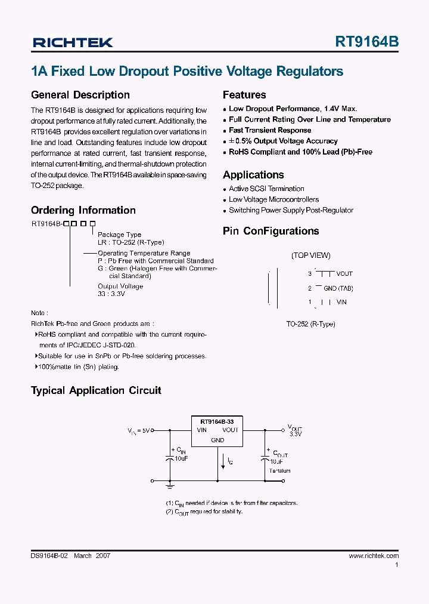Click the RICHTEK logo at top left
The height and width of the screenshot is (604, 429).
click(x=72, y=42)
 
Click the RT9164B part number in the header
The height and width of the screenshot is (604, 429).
click(x=367, y=42)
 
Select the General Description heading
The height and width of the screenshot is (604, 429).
click(x=80, y=95)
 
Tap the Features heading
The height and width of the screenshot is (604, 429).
click(x=244, y=95)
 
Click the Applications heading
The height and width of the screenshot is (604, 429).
click(x=253, y=175)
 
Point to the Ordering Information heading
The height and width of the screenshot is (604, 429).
click(x=83, y=210)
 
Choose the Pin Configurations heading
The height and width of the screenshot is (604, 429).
click(x=271, y=231)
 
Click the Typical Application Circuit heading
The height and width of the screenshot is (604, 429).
click(x=96, y=390)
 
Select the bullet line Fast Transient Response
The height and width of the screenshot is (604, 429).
click(x=270, y=130)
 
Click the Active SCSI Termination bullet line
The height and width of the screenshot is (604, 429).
click(x=266, y=189)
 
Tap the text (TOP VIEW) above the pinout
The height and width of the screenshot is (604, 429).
click(x=310, y=255)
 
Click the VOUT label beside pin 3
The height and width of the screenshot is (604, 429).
click(x=344, y=274)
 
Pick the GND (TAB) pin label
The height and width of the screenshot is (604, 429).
click(x=338, y=288)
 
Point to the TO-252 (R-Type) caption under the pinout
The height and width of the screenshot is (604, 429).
click(x=310, y=324)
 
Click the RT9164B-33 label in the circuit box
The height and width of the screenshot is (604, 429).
click(x=217, y=421)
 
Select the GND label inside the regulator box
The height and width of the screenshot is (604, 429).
click(x=217, y=440)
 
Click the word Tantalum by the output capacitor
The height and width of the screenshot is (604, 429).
click(x=279, y=471)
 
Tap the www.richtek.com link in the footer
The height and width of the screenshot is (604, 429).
click(x=374, y=556)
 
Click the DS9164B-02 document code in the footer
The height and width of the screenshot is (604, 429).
click(x=49, y=556)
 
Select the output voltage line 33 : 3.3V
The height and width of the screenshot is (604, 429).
click(x=112, y=294)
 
